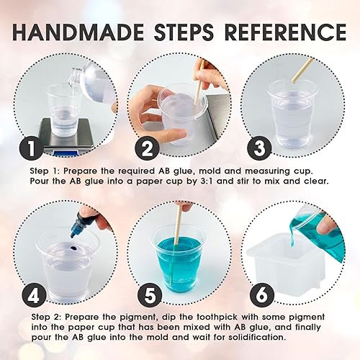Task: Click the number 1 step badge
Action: click(x=32, y=148)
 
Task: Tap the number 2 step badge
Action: click(x=147, y=148)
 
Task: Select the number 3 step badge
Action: click(x=259, y=148)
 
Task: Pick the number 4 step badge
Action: click(x=34, y=296)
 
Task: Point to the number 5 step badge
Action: click(x=150, y=296)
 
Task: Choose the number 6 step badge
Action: click(x=262, y=295)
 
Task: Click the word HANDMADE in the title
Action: click(x=78, y=32)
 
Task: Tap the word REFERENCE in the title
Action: click(x=285, y=32)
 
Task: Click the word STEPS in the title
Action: click(x=184, y=32)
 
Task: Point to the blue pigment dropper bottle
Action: click(x=77, y=224)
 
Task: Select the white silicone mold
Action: click(x=290, y=261)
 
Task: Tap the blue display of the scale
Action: click(x=66, y=153)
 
